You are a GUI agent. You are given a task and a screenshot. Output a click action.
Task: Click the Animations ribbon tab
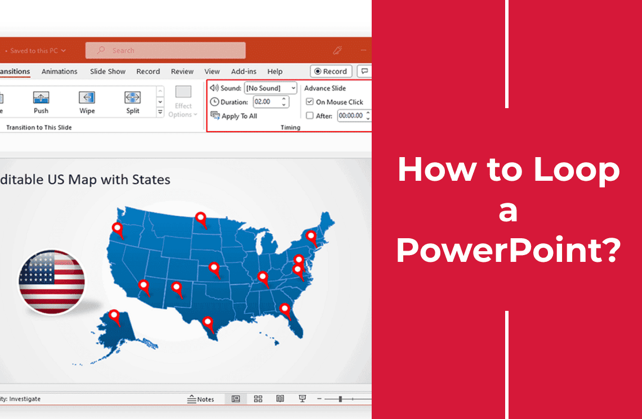(x=59, y=72)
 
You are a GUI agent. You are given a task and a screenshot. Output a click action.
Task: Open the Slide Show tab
(x=108, y=72)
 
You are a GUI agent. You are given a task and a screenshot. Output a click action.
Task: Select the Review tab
(x=182, y=72)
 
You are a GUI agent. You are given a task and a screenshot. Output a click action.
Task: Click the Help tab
(x=275, y=72)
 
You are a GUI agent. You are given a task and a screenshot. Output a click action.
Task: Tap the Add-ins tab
(x=243, y=72)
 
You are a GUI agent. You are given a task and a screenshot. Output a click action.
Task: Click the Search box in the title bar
(x=166, y=51)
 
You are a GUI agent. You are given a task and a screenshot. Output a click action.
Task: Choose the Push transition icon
(x=41, y=98)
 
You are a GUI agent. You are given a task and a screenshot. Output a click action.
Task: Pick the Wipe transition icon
(x=87, y=98)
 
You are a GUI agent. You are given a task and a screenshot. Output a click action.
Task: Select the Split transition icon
(x=132, y=98)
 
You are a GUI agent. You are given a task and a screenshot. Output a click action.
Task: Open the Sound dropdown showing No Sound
(x=270, y=88)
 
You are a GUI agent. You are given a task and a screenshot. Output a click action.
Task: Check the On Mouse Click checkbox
(x=310, y=102)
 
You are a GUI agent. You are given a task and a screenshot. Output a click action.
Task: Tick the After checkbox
(x=310, y=116)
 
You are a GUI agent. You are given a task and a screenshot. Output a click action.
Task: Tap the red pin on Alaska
(x=115, y=317)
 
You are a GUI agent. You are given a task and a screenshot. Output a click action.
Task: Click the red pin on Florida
(x=285, y=310)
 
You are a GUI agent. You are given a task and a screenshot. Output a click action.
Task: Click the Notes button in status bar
(x=201, y=399)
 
